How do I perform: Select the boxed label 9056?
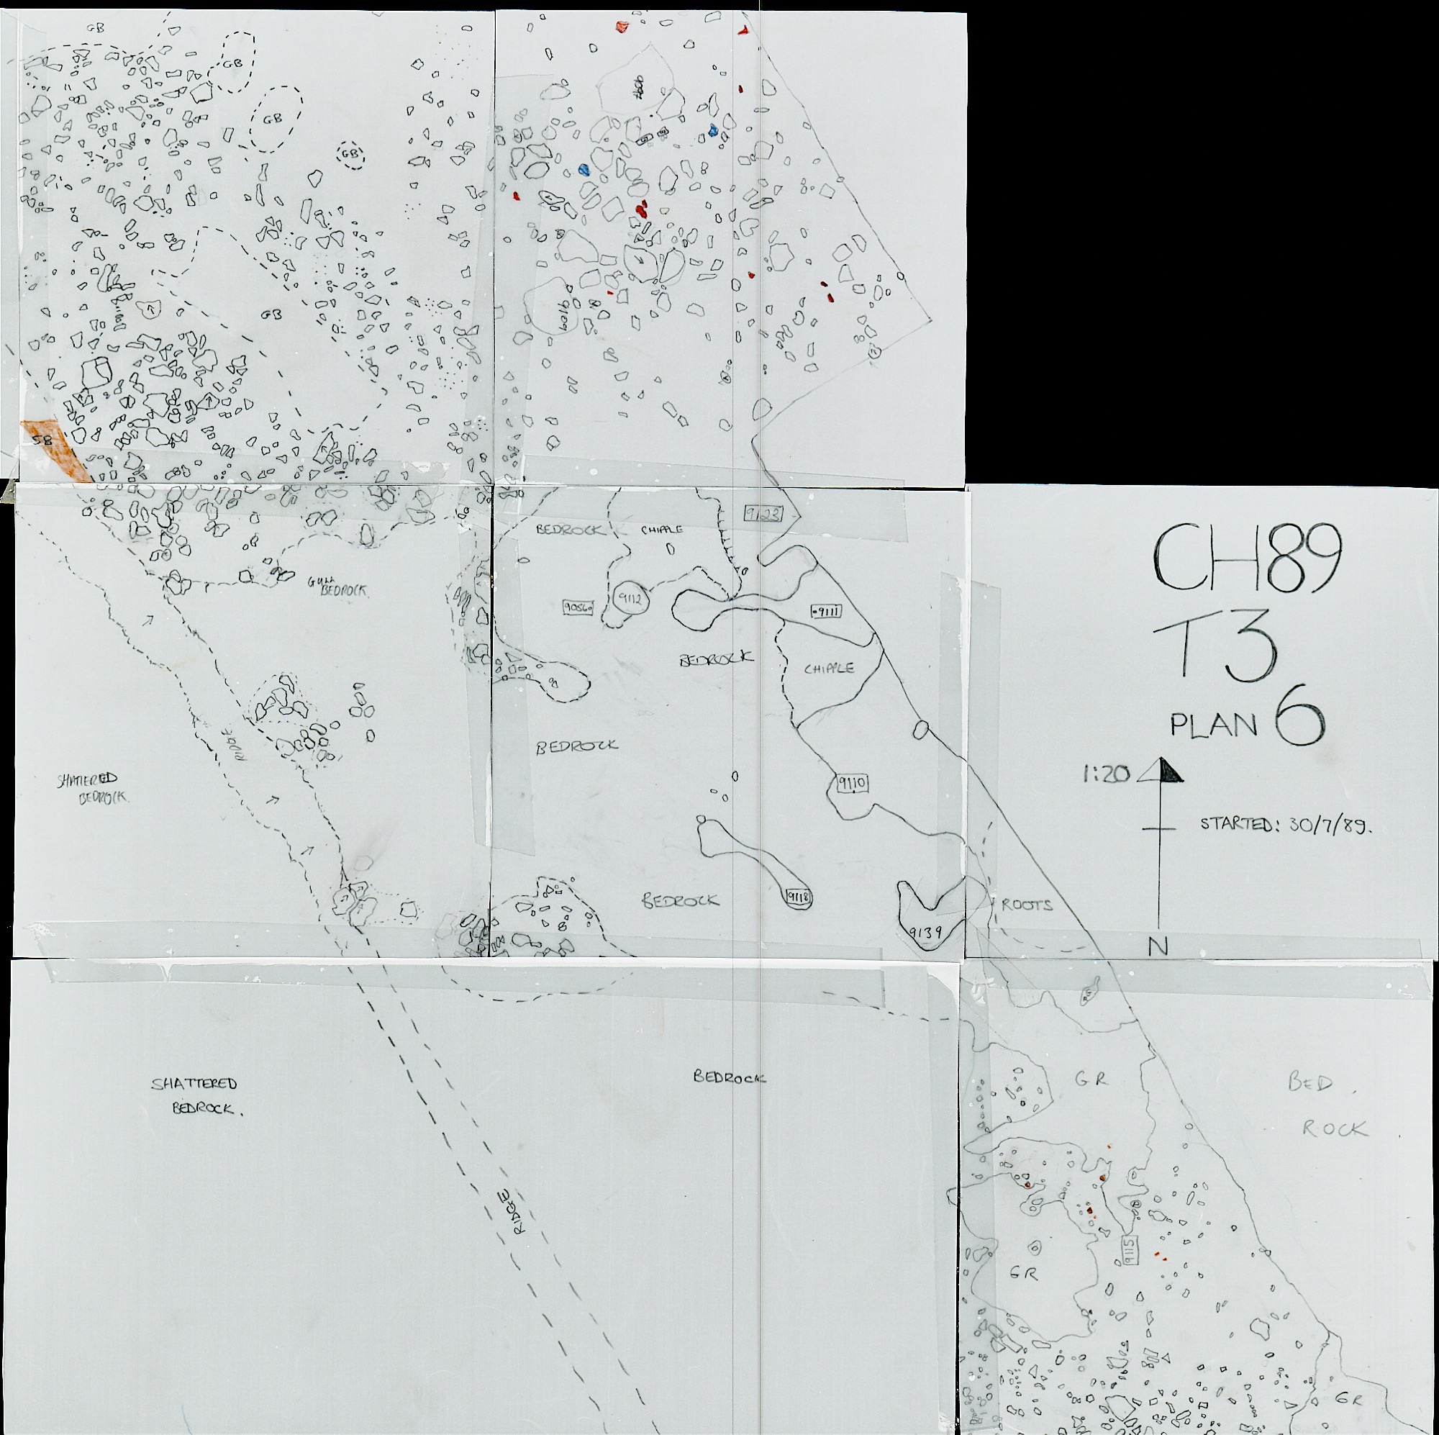(x=578, y=608)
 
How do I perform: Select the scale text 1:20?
(x=1106, y=775)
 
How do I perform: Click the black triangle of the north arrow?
(x=1167, y=771)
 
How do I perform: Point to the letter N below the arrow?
(x=1157, y=947)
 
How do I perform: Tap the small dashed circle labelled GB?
(x=350, y=154)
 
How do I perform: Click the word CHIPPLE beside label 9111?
(x=828, y=669)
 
